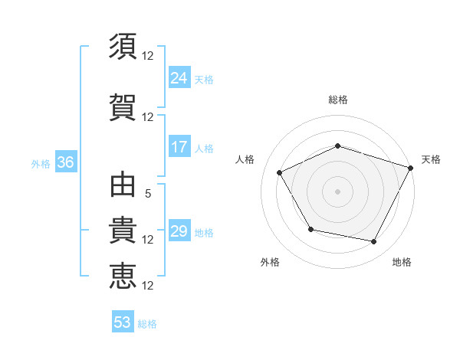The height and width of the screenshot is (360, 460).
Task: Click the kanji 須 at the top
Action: tap(123, 46)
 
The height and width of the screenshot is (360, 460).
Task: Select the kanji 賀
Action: tap(123, 105)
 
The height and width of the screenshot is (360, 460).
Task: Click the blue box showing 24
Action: tap(179, 77)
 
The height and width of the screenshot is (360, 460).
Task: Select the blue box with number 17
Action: tap(179, 147)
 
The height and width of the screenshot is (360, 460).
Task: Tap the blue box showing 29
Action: tap(179, 231)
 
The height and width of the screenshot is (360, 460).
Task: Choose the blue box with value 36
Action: tap(65, 162)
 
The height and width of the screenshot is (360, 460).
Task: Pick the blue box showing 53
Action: tap(123, 322)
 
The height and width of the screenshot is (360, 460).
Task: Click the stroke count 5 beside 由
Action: tap(148, 194)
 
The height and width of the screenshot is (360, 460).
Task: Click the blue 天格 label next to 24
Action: tap(204, 79)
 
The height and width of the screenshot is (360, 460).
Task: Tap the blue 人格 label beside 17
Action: tap(204, 149)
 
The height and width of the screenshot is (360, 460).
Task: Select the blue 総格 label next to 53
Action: tap(147, 324)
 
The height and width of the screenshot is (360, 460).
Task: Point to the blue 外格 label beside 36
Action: tap(41, 164)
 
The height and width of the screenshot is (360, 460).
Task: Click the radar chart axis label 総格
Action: tap(337, 100)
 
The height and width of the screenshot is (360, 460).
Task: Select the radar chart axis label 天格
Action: tap(432, 159)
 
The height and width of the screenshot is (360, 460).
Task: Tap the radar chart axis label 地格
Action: tap(402, 262)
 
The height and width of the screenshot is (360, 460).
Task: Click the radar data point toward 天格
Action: tap(412, 167)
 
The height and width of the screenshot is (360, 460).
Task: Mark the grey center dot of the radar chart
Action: tap(337, 191)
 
